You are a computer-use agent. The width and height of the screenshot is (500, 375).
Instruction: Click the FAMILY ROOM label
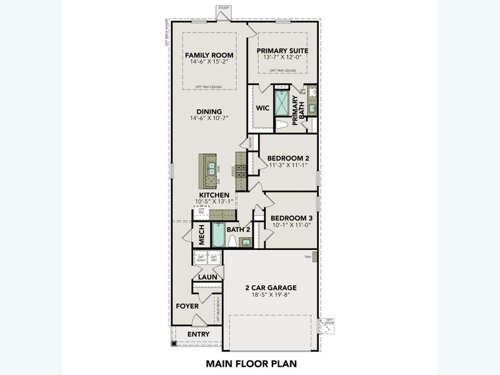[209, 56]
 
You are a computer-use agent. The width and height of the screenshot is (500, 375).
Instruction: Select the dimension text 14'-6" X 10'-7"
[209, 117]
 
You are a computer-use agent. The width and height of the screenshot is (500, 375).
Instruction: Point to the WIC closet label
[262, 107]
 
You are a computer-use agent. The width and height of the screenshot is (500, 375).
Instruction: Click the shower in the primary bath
[282, 103]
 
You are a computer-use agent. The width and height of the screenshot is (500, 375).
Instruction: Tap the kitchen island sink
[211, 167]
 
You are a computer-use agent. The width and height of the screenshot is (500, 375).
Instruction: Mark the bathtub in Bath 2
[218, 235]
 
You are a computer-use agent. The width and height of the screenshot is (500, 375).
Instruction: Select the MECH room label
[202, 235]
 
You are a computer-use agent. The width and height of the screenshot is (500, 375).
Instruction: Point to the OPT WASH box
[201, 258]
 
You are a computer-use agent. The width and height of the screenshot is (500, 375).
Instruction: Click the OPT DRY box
[214, 258]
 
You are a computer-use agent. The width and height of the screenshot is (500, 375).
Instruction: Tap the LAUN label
[207, 276]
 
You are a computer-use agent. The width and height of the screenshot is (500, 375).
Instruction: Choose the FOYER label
[187, 306]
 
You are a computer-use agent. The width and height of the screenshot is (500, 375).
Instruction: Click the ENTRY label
[199, 334]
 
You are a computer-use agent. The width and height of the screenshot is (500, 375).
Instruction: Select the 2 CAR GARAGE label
[270, 288]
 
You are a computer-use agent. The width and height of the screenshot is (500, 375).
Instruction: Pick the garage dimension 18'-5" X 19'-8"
[270, 296]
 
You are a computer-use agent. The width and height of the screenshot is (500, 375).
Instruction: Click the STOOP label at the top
[224, 8]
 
